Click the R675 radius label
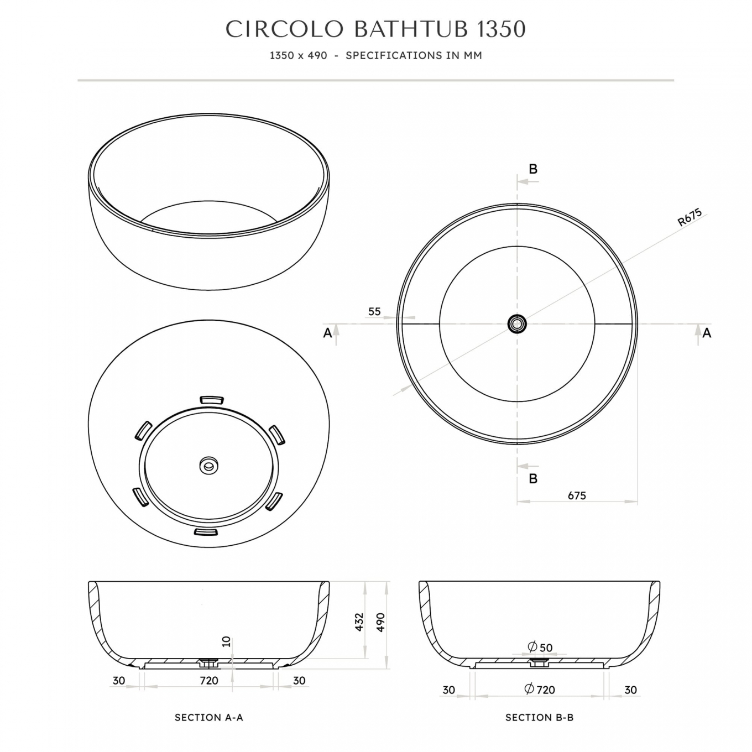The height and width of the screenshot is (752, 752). pos(690,218)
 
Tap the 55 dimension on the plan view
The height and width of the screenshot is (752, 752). pos(374,311)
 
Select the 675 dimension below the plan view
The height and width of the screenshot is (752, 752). pos(577,495)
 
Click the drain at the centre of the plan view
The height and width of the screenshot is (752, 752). pos(517,323)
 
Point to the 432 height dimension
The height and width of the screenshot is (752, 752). pos(359,622)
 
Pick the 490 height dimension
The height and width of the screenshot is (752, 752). pos(380,622)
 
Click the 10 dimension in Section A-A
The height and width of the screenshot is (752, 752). pos(226,641)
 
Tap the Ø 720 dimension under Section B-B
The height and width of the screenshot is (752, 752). pos(539,690)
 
